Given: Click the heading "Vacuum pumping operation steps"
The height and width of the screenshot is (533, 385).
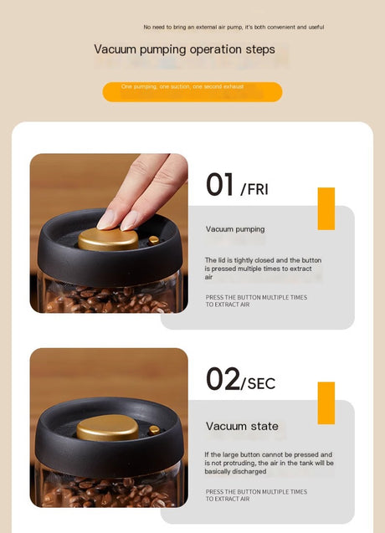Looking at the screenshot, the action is pos(184,49).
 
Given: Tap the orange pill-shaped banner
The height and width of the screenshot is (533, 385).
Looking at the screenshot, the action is pos(192,92).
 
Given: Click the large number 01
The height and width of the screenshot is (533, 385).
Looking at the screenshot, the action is pos(219,184).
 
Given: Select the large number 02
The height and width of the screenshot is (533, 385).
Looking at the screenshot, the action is pos(223,379).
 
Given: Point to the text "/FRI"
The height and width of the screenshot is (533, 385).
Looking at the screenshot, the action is pos(254,189).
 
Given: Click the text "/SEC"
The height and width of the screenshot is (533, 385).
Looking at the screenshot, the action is pos(258,384).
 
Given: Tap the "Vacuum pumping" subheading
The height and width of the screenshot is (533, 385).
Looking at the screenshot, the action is pos(235,229).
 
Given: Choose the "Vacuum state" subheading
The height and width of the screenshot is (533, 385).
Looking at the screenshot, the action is pos(242,426).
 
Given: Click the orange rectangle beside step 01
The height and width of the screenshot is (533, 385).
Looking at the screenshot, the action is pos(326,208).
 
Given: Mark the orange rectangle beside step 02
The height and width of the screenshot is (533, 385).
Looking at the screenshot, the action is pos(326,403).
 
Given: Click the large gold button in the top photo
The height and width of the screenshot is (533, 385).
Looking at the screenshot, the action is pos(108,240).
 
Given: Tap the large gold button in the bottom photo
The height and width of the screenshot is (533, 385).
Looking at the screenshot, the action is pos(107,428).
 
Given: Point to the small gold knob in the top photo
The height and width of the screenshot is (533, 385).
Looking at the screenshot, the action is pos(153,240).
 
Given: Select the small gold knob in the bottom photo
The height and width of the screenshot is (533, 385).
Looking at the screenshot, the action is pos(154,430).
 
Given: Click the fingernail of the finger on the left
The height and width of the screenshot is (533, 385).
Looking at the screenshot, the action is pos(105,219).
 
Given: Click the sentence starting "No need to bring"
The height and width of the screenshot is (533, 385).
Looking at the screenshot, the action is pos(234,27).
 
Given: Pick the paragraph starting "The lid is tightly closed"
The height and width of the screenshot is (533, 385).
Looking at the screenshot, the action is pos(263,269).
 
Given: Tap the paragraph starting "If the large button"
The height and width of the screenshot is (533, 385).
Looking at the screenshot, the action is pos(269,463).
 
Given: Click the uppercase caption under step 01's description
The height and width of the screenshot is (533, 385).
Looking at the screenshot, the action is pos(256,301).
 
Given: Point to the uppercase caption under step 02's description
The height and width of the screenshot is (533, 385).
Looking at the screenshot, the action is pos(256,495).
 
